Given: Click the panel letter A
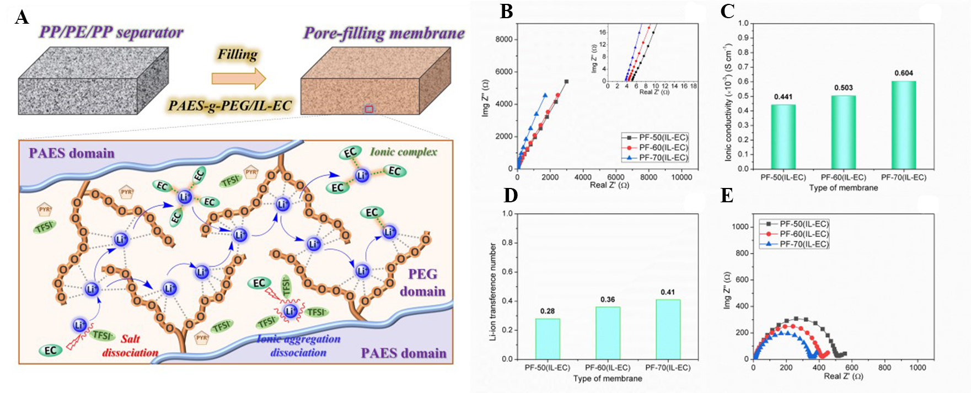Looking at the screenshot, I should coord(22,18).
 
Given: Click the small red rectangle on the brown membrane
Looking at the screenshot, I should coord(369,109).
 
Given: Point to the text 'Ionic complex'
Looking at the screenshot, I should coord(403,152).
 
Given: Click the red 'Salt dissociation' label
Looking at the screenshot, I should coord(130,346).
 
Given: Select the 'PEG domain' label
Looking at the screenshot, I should coord(422,282).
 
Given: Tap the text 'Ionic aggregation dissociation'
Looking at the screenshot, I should coord(298,346).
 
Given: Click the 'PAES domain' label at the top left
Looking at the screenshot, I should coord(72,153).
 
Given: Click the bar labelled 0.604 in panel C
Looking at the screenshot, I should coord(904,125).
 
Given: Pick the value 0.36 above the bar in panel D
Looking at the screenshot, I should coord(608,299).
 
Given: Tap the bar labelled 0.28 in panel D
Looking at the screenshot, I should coord(548,338).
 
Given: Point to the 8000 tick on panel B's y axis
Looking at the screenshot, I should coord(503,40).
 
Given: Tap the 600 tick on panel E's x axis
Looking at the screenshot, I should coord(852,367).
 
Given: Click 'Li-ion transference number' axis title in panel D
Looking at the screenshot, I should coord(493,292).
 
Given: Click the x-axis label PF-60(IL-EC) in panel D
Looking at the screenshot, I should coord(608,368).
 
